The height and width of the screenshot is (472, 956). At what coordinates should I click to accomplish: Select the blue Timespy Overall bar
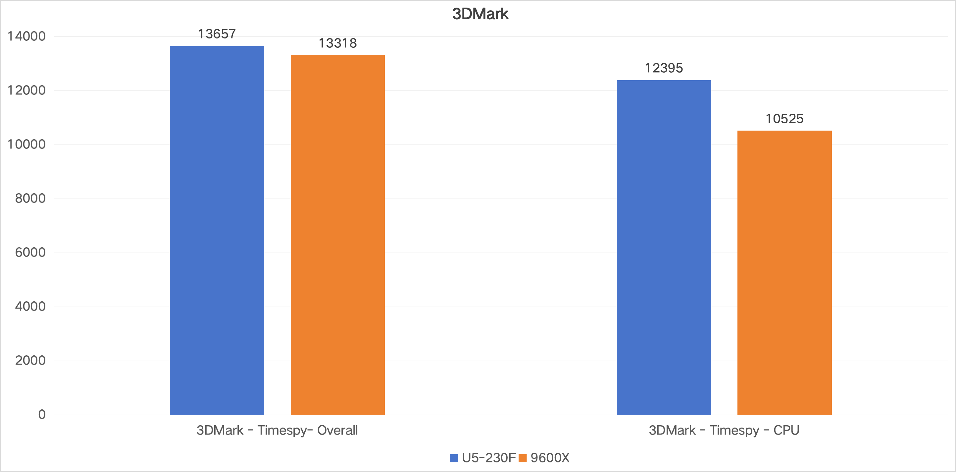click(217, 230)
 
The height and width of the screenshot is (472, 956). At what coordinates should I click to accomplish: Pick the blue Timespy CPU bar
click(664, 247)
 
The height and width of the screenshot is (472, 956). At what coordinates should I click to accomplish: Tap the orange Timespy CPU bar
click(784, 272)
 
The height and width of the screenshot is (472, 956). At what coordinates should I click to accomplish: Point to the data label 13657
click(217, 34)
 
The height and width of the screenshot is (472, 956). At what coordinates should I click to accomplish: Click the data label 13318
click(337, 43)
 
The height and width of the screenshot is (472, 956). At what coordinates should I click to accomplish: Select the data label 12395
click(664, 68)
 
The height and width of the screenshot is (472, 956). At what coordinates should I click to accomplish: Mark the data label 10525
click(784, 119)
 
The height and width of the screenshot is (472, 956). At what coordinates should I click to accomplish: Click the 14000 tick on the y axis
click(27, 36)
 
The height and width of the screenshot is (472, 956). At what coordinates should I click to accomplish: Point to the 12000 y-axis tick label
click(27, 90)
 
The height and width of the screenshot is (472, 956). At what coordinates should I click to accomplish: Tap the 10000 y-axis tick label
click(27, 145)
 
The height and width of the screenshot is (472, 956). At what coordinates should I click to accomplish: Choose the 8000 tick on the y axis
click(30, 199)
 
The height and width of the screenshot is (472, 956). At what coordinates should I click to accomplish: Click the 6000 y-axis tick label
click(30, 253)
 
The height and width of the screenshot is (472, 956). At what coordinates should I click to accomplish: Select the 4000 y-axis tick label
click(30, 307)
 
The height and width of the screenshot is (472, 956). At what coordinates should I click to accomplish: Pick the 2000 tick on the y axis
click(30, 361)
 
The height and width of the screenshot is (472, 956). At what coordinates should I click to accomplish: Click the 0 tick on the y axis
click(42, 414)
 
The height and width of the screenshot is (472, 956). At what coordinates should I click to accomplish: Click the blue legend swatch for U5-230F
click(454, 458)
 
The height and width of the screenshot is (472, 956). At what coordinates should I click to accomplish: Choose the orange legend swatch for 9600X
click(522, 458)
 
